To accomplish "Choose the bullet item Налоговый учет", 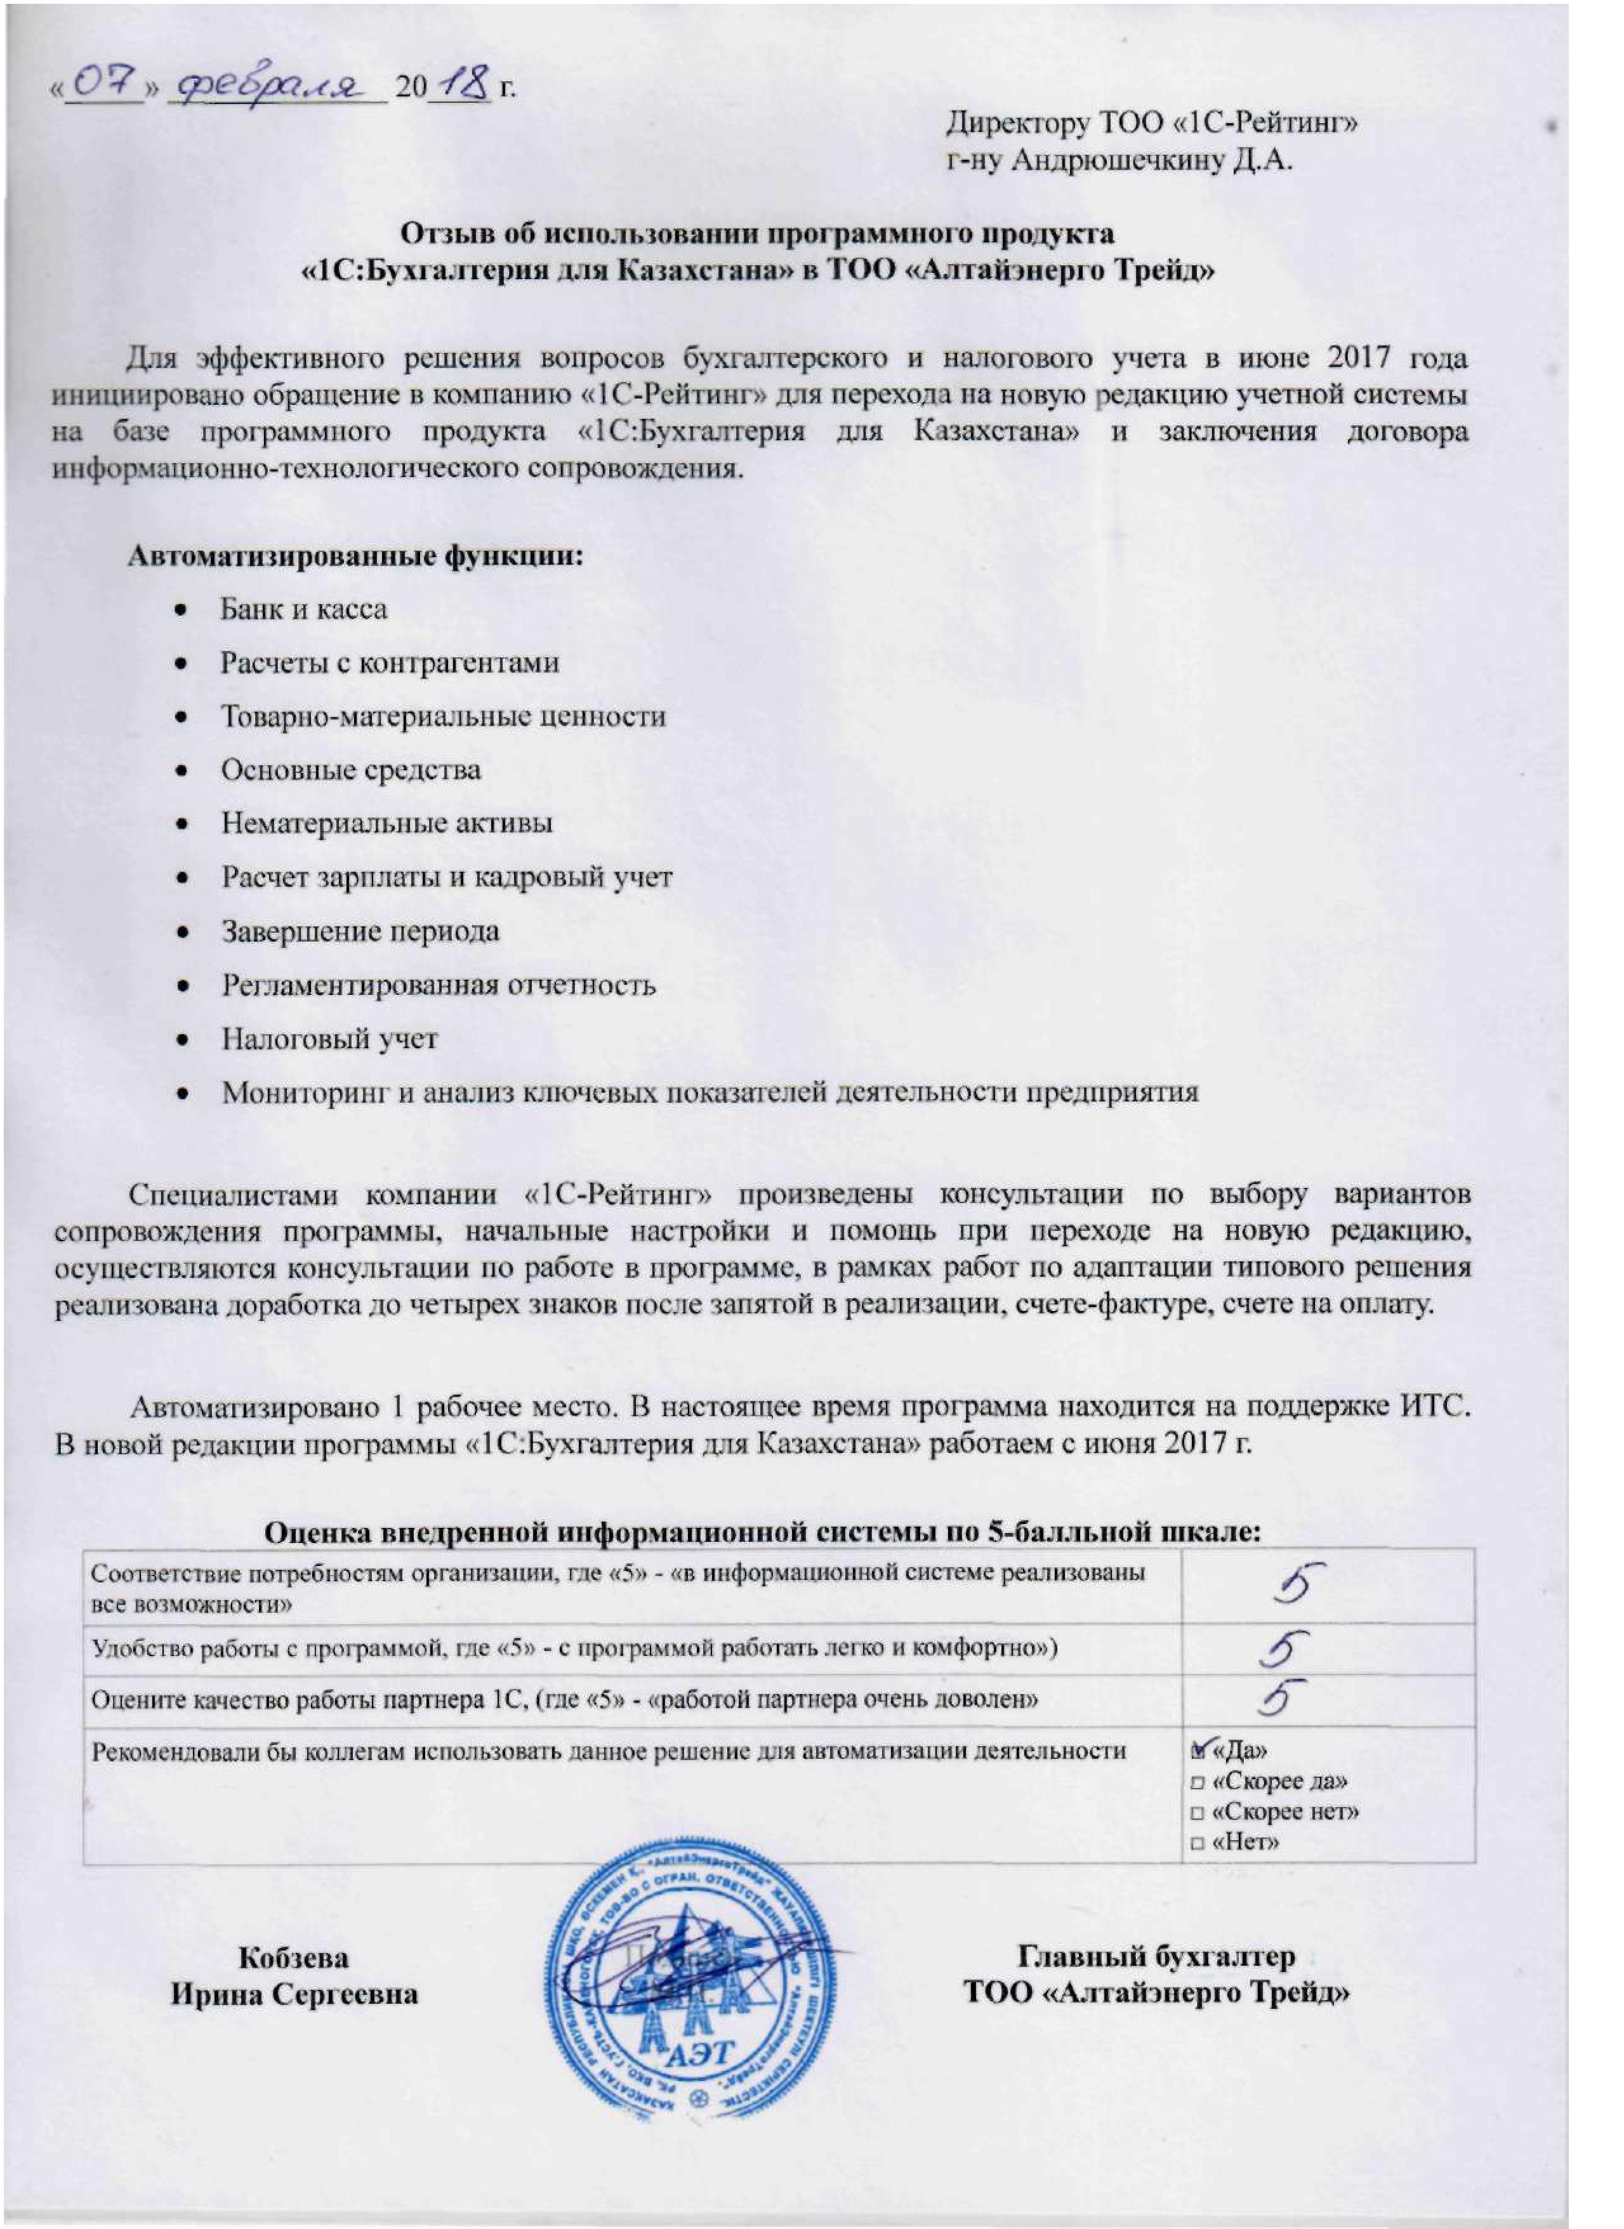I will (329, 1038).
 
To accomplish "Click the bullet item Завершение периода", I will (360, 931).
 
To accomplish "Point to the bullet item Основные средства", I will (350, 770).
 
